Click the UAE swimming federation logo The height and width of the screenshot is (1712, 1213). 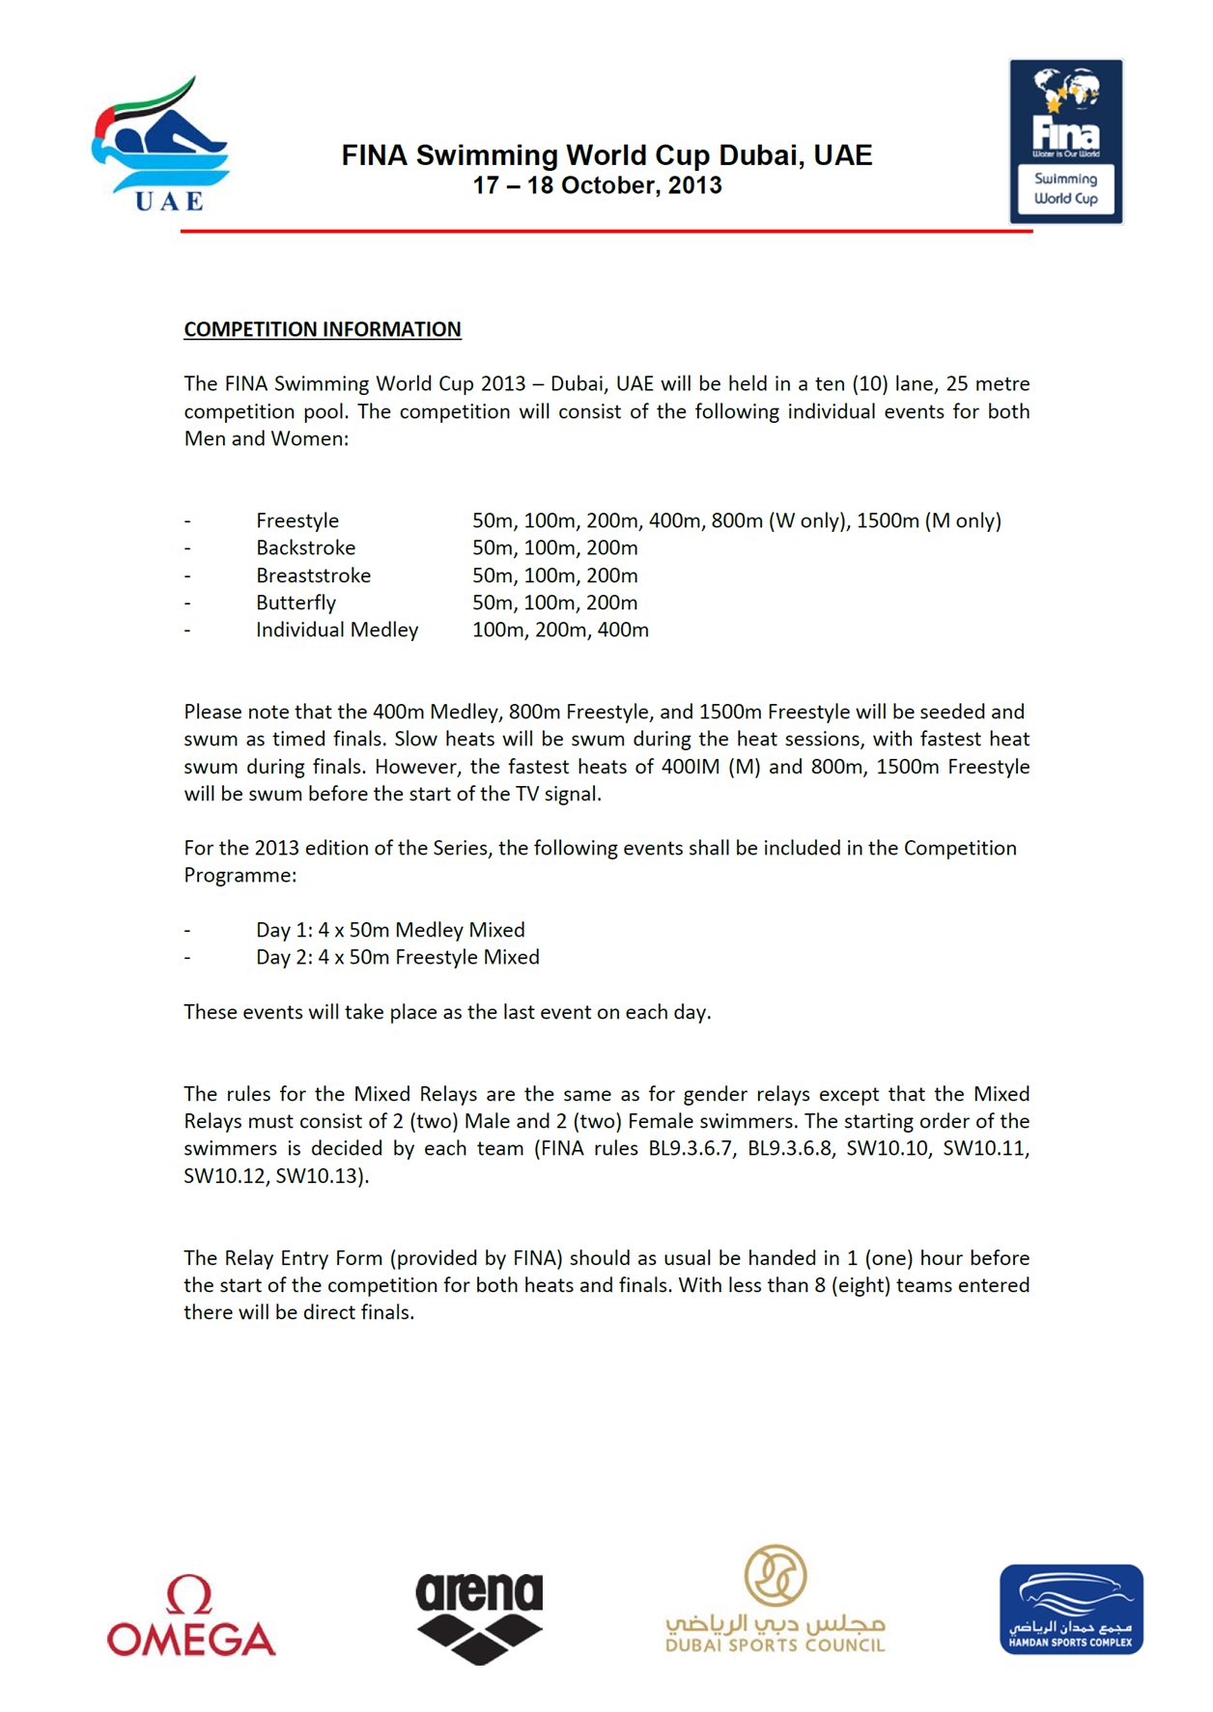(x=159, y=145)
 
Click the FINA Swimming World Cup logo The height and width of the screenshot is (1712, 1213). (x=1066, y=141)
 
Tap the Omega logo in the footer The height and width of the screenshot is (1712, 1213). (x=191, y=1616)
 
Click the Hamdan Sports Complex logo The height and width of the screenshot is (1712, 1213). (x=1071, y=1610)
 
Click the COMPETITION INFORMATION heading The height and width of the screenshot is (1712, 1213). (x=323, y=329)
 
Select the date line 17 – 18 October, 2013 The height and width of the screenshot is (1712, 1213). (x=597, y=185)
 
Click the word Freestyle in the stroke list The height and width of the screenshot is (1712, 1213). (x=297, y=520)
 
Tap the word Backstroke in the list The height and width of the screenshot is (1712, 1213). (x=305, y=547)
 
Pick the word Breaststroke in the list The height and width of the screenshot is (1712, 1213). (x=313, y=575)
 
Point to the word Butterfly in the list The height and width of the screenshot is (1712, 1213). (x=296, y=603)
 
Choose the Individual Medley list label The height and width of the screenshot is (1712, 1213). (x=337, y=630)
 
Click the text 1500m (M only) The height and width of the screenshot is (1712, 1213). (x=928, y=520)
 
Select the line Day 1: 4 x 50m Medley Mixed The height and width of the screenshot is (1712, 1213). (x=390, y=930)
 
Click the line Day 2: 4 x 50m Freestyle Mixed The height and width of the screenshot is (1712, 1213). (x=397, y=957)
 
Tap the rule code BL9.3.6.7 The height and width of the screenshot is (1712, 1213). (x=691, y=1148)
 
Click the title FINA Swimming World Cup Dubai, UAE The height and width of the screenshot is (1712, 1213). (x=606, y=155)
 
